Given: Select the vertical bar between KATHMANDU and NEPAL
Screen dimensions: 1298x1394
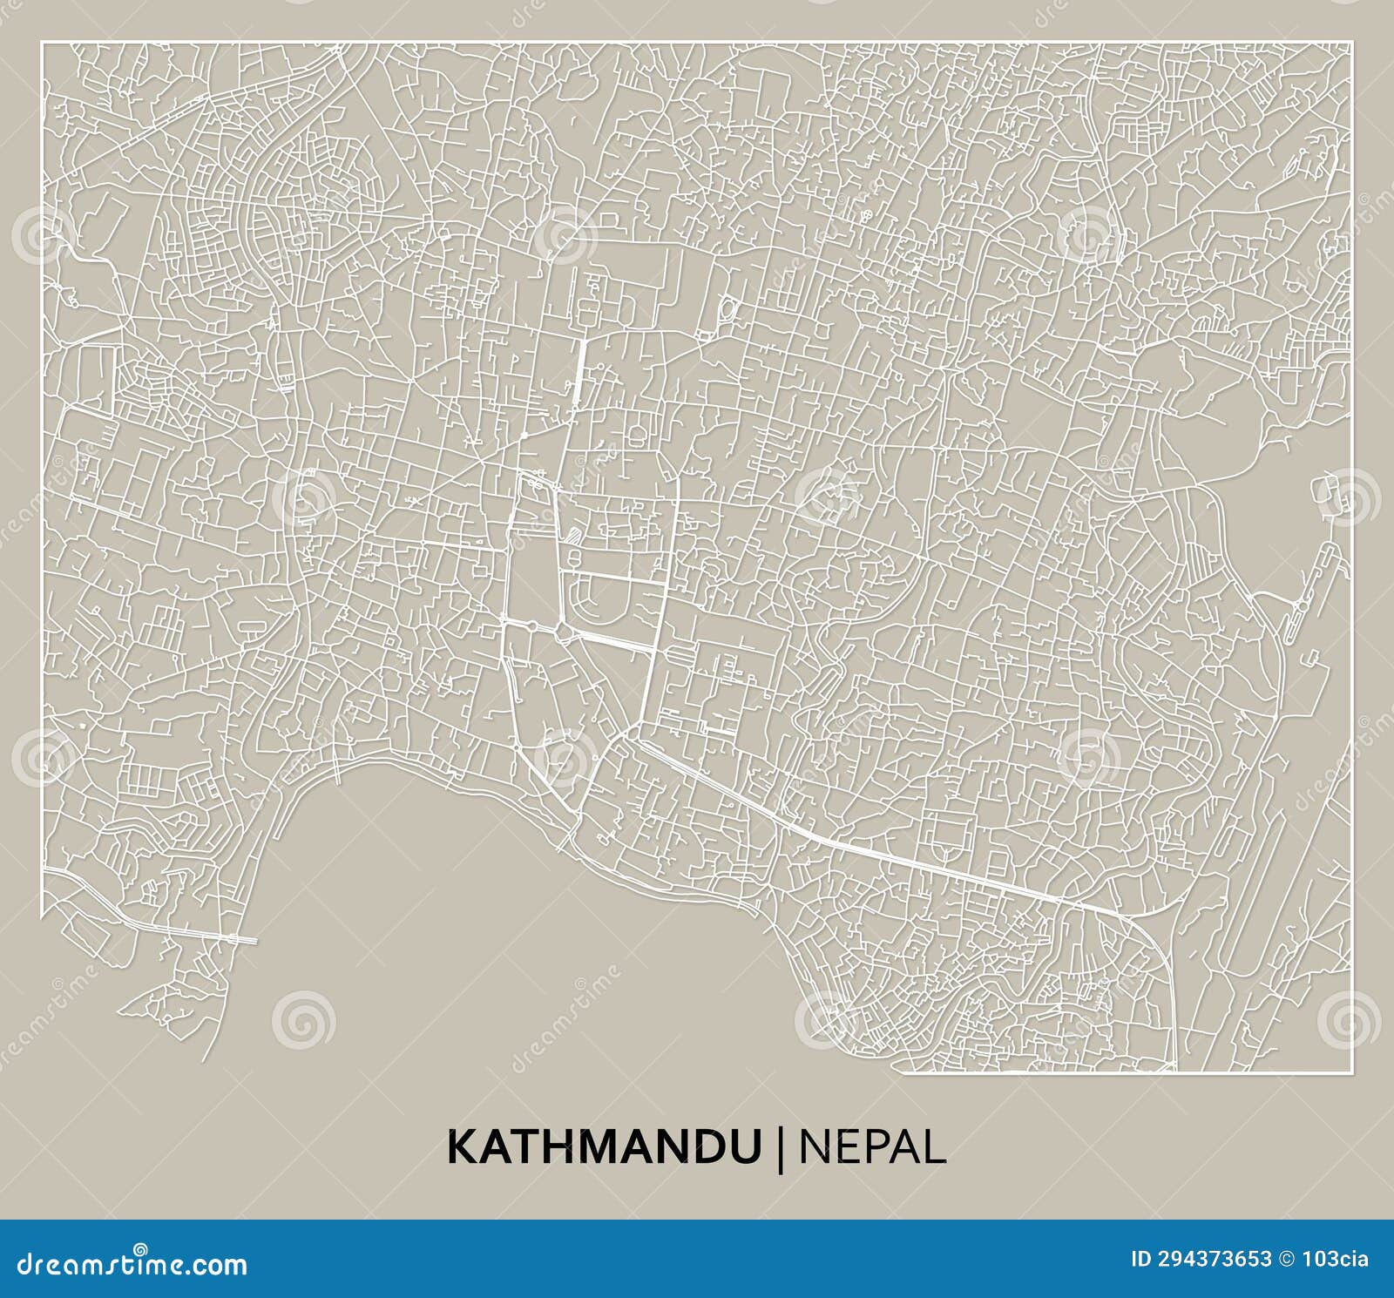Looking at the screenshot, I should click(x=780, y=1147).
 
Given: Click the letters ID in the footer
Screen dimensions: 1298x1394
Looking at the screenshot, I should click(x=1140, y=1259).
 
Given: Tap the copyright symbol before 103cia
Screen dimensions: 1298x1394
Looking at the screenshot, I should click(x=1286, y=1259).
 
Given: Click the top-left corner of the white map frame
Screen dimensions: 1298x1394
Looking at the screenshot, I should click(x=42, y=43).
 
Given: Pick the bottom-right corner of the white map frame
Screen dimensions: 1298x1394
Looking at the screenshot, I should click(x=1351, y=1072).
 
